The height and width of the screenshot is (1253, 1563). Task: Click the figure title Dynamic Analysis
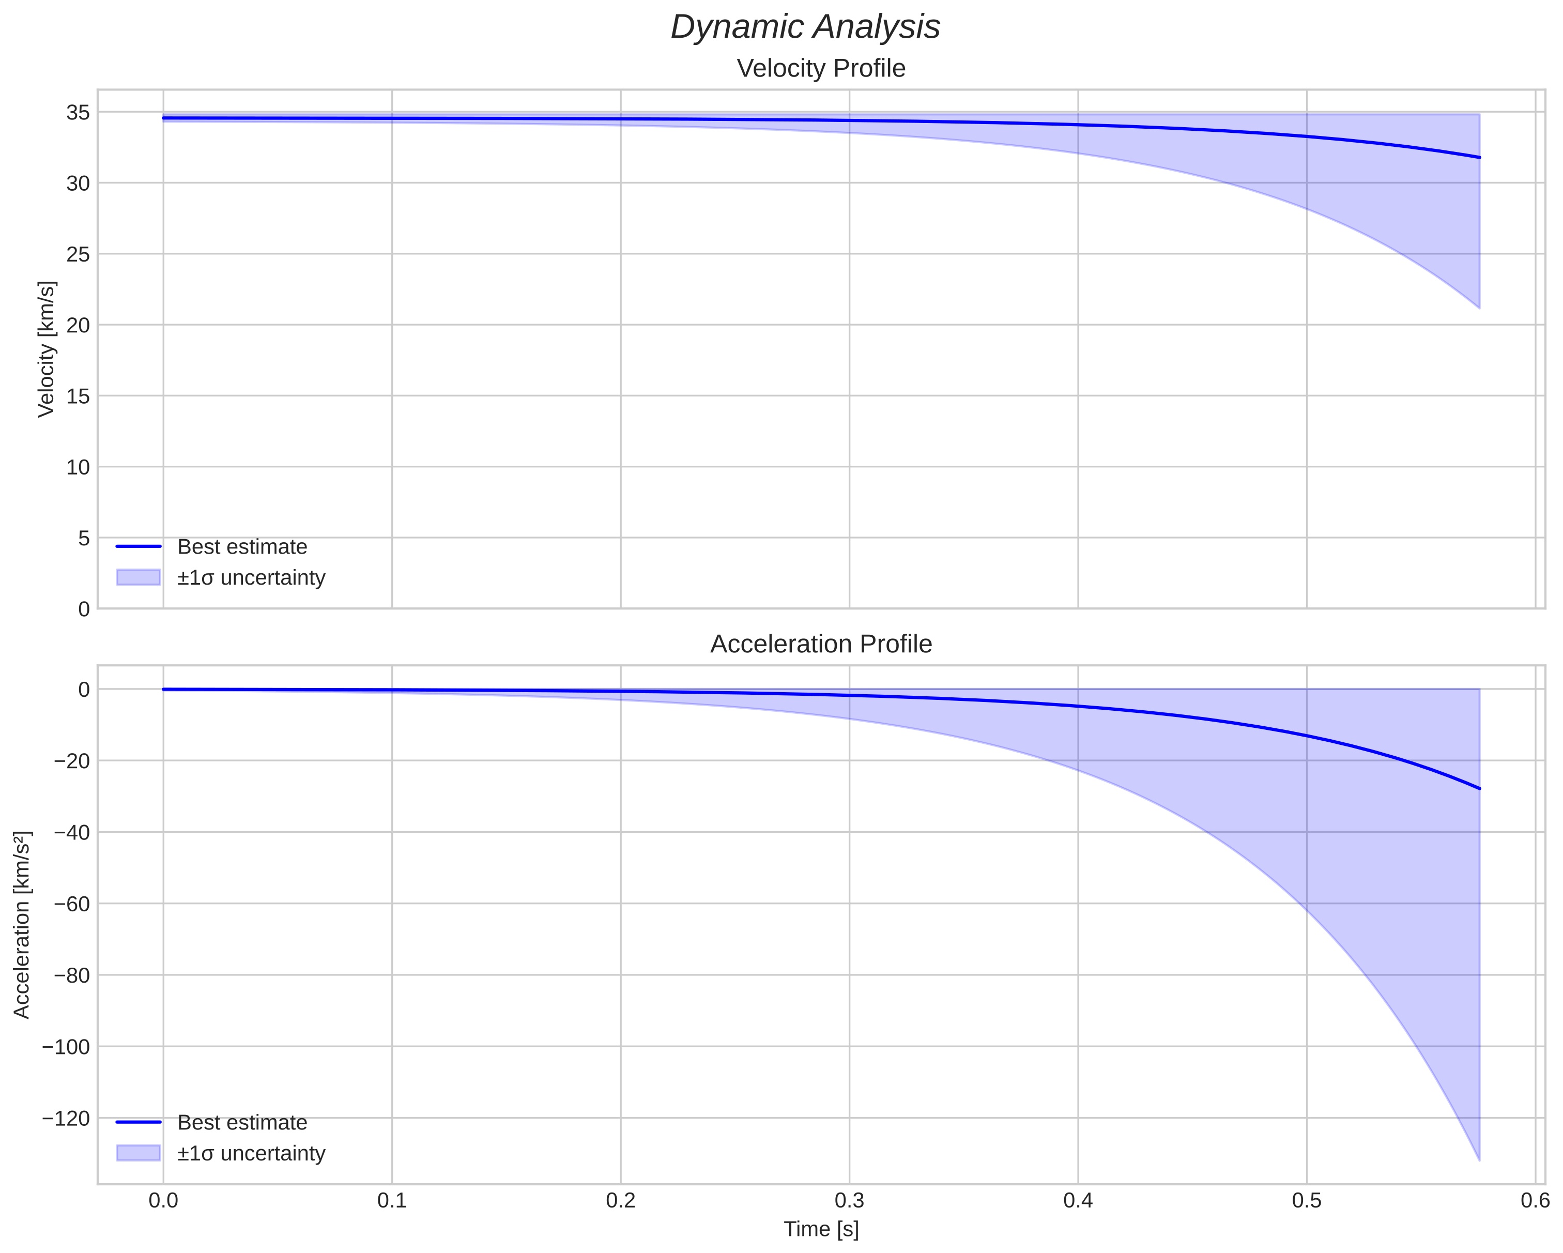point(805,27)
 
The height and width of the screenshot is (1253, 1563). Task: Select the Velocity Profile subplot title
point(821,68)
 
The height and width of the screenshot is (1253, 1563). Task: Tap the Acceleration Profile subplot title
point(821,644)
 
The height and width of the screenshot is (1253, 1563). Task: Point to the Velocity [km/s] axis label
point(47,349)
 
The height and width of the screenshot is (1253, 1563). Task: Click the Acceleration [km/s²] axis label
point(22,925)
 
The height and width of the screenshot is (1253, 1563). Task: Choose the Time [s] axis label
point(821,1229)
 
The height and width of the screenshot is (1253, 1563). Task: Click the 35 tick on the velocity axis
point(78,112)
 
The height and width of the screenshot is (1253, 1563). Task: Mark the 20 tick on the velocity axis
point(78,325)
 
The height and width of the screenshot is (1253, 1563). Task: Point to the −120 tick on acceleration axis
point(66,1118)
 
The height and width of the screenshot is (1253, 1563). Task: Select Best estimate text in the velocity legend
point(242,547)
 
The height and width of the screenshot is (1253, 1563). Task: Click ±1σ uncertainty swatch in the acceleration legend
point(137,1153)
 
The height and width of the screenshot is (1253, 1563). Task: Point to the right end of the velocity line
point(1479,157)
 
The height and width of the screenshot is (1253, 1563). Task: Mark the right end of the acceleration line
point(1479,788)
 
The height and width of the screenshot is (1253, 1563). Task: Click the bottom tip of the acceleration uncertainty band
point(1479,1160)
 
